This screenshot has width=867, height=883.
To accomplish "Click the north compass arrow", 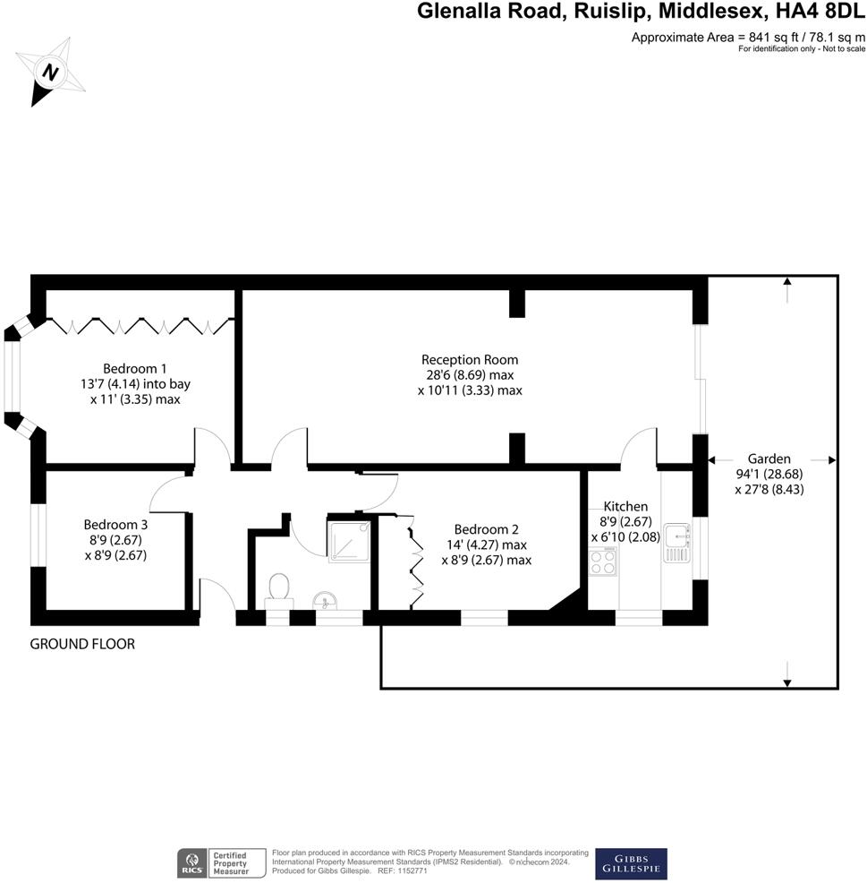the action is (x=50, y=73).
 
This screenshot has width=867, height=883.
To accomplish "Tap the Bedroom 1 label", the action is (x=134, y=368).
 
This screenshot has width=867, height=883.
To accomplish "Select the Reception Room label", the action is (x=470, y=360).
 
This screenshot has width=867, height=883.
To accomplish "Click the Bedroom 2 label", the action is (x=486, y=528).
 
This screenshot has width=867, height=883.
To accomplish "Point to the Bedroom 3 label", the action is (x=115, y=525).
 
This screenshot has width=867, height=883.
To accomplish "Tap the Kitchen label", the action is (x=625, y=507).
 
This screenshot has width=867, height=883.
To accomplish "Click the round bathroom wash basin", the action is (x=323, y=600).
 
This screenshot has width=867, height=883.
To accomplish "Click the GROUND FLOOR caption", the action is (x=82, y=644).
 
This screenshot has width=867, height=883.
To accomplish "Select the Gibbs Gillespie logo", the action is (x=630, y=863).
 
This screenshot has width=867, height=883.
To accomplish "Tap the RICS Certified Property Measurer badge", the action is (x=222, y=864).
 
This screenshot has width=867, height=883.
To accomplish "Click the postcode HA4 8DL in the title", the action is (x=820, y=13).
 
